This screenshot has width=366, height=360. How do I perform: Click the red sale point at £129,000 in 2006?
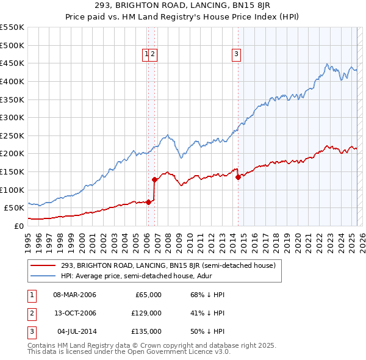pyautogui.click(x=154, y=179)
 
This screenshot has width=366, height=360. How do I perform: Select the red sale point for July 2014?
pyautogui.click(x=238, y=177)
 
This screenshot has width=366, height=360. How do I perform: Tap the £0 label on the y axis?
pyautogui.click(x=19, y=226)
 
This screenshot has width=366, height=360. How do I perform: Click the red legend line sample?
pyautogui.click(x=43, y=265)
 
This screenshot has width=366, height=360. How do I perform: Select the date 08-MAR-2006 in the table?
pyautogui.click(x=74, y=295)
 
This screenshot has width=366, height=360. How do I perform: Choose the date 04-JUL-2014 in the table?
pyautogui.click(x=74, y=331)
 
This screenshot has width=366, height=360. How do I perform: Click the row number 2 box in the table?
pyautogui.click(x=31, y=313)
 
